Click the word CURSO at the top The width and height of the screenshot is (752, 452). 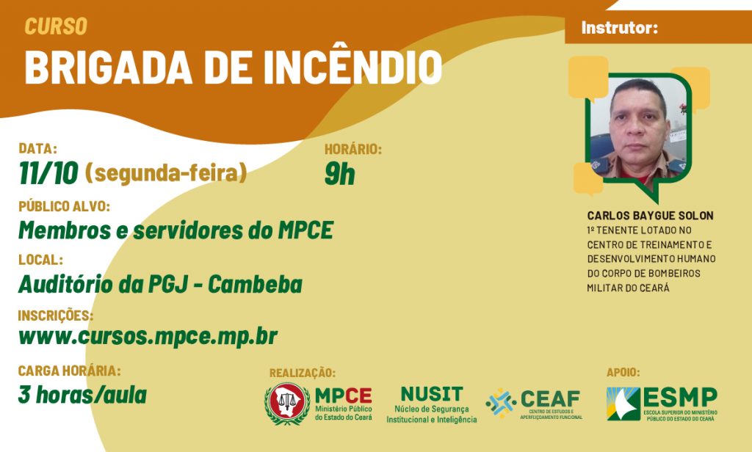tap(56, 26)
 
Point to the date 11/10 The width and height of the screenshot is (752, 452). tap(48, 174)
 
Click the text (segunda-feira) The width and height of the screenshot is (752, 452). tap(166, 174)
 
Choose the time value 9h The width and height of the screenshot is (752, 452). tap(339, 174)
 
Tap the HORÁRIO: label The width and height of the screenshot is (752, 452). tap(353, 150)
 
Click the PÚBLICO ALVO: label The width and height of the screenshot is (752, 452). tap(65, 207)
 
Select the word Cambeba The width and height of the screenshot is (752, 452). tap(255, 284)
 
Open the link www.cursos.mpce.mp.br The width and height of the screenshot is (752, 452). tap(148, 337)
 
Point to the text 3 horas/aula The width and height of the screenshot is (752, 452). tap(82, 395)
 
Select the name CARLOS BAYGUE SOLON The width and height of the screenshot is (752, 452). tap(651, 216)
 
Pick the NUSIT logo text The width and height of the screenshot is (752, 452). tap(432, 394)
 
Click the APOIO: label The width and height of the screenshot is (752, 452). tap(623, 372)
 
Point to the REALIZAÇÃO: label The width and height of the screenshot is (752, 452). tap(303, 373)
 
